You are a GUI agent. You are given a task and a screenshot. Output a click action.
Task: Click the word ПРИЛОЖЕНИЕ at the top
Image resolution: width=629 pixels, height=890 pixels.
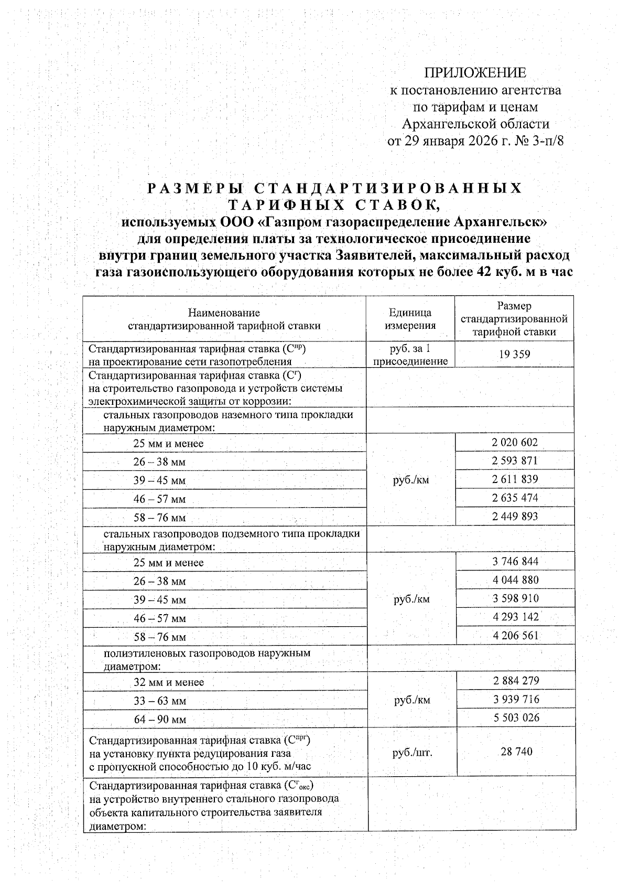(x=475, y=72)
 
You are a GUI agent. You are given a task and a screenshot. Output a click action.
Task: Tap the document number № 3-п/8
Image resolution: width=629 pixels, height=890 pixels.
(x=540, y=141)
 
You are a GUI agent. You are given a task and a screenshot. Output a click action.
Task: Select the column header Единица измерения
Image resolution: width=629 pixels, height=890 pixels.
(x=410, y=319)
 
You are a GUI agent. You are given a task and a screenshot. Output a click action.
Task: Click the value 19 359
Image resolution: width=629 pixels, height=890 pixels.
(x=515, y=355)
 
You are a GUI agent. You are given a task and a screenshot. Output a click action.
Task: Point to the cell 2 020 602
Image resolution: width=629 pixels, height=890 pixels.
(x=515, y=443)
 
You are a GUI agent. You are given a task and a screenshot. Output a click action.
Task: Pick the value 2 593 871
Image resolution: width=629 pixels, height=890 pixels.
(x=515, y=461)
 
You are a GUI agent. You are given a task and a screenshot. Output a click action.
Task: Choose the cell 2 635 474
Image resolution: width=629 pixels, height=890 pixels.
(x=515, y=498)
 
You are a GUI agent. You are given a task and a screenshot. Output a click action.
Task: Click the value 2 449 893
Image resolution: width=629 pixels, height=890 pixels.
(x=515, y=516)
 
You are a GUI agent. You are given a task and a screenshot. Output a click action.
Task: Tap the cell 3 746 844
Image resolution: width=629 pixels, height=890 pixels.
(x=515, y=562)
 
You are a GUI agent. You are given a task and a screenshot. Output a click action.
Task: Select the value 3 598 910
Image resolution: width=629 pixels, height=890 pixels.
(x=515, y=598)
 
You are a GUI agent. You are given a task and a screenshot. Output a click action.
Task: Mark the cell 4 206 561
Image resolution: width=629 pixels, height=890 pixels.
(x=515, y=636)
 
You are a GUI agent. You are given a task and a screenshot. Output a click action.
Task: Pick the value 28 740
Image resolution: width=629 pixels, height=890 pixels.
(x=516, y=752)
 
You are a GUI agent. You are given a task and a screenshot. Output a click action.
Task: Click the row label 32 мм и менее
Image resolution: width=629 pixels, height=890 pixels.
(x=169, y=682)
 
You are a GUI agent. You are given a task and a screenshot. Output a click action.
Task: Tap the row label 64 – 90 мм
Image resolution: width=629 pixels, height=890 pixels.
(x=160, y=720)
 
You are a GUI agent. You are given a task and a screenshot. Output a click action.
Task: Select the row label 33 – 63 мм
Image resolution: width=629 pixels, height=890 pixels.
(x=160, y=701)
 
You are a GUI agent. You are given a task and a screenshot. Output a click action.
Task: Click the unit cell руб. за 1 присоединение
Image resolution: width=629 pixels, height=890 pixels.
(x=410, y=355)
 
